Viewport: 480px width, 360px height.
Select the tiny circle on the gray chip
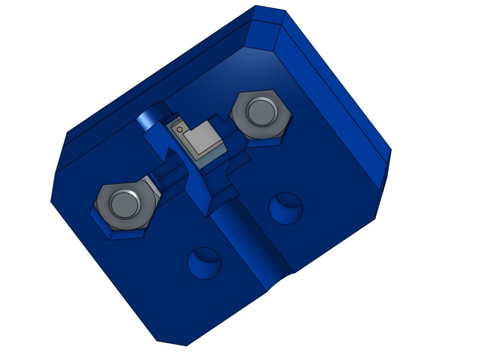[180, 130]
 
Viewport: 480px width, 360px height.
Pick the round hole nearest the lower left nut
[203, 262]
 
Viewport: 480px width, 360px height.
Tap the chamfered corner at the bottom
[171, 342]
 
